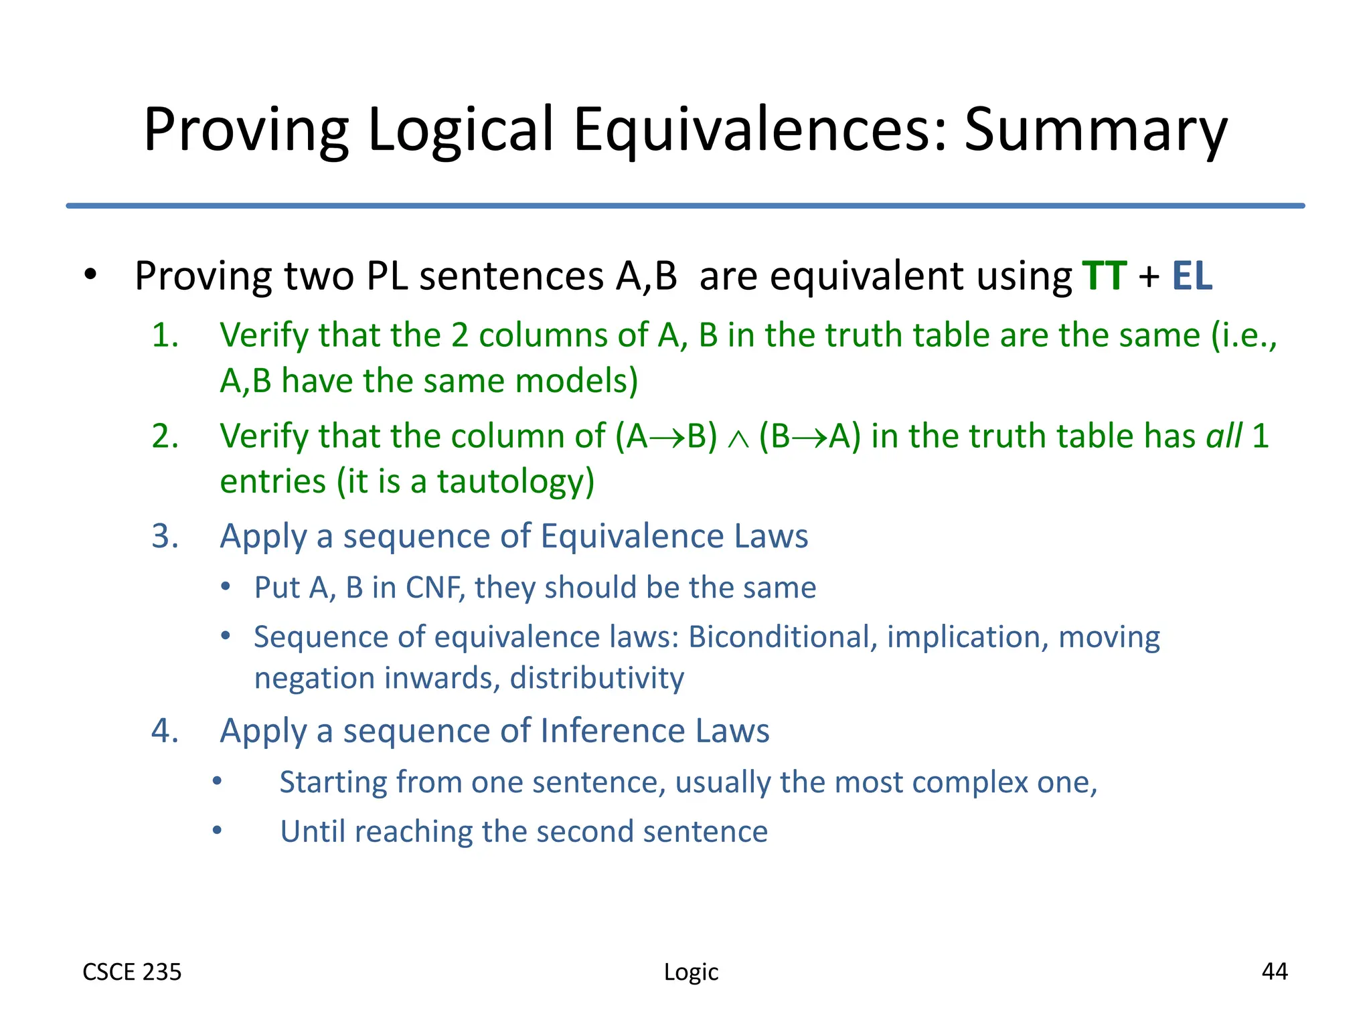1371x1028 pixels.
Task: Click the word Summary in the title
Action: [1095, 130]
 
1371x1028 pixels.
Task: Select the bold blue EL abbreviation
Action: [1192, 276]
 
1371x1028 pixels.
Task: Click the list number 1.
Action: [165, 335]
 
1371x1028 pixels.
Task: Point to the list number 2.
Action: [165, 436]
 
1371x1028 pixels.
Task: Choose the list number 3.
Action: [165, 536]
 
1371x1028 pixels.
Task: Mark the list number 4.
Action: [165, 730]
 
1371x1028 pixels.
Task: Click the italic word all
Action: [1224, 436]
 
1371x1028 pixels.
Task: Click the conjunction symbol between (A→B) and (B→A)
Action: [738, 438]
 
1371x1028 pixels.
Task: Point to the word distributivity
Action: [596, 678]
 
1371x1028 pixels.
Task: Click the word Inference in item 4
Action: [613, 730]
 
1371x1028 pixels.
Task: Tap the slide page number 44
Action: [1274, 971]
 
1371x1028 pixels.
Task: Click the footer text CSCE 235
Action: [132, 972]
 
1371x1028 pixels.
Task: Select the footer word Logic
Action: [691, 972]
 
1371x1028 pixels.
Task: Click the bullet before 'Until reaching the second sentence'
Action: [217, 831]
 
